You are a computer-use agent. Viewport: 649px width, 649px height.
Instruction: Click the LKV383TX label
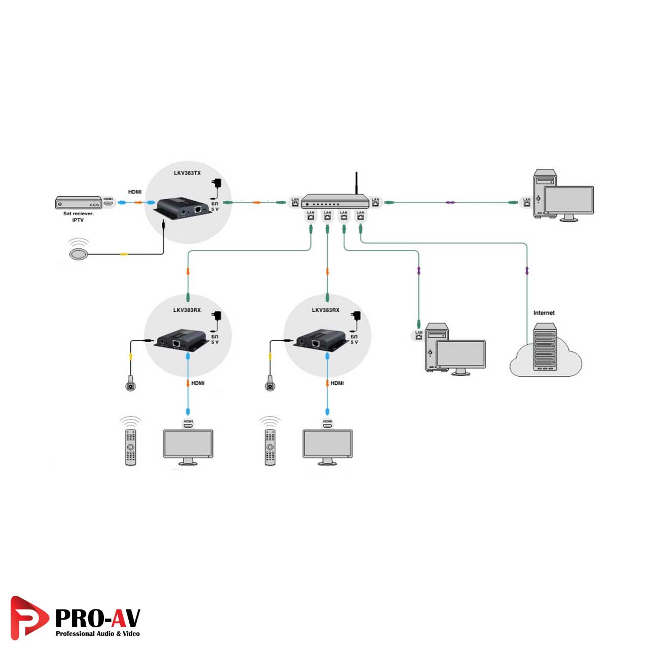point(187,173)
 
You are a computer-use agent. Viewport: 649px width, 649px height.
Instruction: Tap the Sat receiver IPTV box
point(79,202)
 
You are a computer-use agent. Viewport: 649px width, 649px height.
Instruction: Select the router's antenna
point(356,183)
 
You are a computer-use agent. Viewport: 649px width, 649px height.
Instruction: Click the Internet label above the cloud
point(544,313)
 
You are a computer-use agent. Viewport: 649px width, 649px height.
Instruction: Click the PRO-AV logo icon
point(28,617)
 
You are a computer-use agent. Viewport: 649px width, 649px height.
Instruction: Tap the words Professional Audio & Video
point(97,634)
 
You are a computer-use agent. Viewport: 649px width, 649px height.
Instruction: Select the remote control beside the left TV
point(131,447)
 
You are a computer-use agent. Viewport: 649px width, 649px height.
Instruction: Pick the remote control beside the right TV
point(270,447)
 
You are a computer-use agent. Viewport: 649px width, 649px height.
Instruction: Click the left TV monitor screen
point(188,444)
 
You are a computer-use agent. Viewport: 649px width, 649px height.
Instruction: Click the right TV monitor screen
point(328,444)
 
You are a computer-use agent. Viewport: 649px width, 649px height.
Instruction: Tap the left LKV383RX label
point(187,310)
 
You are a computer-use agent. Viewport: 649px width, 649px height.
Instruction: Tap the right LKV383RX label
point(326,310)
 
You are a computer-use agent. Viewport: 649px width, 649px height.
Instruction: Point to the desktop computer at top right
point(563,195)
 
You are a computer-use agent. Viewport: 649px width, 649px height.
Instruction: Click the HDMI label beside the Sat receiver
point(135,192)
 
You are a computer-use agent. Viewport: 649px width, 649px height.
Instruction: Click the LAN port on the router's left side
point(295,202)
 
